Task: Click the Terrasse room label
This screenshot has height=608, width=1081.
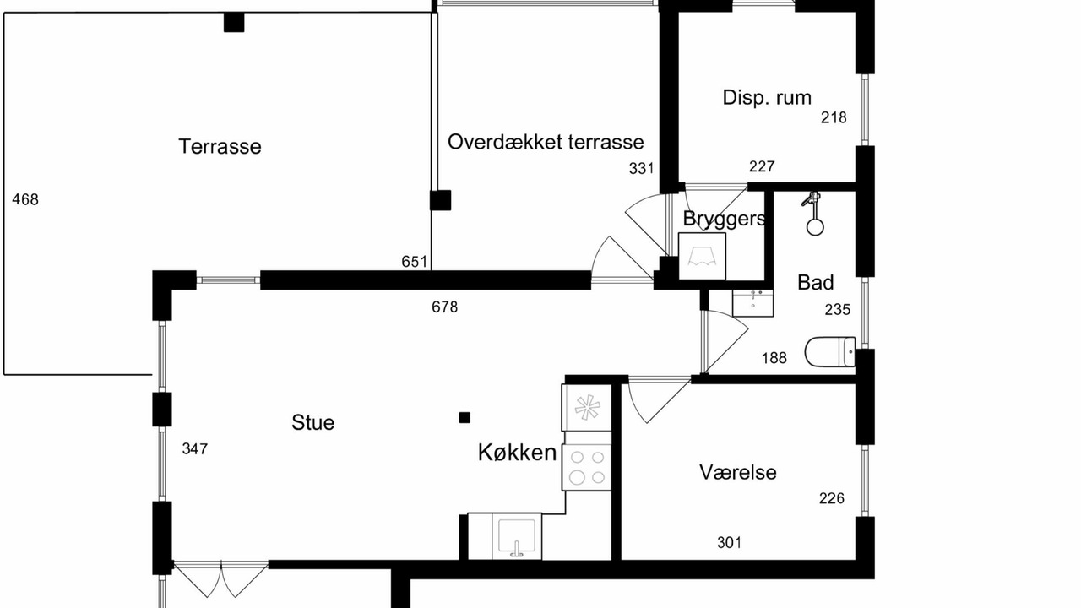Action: coord(220,146)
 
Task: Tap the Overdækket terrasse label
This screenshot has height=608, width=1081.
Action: coord(546,142)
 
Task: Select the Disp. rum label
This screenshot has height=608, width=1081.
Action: coord(766,98)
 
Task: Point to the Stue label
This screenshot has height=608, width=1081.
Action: coord(312,423)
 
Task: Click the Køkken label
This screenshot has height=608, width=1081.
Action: coord(518,453)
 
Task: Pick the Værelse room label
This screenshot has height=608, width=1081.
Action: coord(738,472)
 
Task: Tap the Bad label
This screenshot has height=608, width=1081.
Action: coord(815,282)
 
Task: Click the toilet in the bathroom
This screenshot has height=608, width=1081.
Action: coord(830,352)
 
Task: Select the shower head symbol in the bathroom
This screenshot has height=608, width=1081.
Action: coord(814,214)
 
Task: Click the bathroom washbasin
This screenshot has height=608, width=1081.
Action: coord(752,302)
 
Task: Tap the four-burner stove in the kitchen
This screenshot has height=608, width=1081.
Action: coord(587,468)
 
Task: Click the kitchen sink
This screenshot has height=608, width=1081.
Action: coord(517,536)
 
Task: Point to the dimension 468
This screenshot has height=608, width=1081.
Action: coord(25,199)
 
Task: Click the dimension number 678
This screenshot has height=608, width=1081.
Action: coord(444,307)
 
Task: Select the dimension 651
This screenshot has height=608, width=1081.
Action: coord(415,262)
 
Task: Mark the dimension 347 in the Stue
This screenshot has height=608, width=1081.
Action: coord(195,449)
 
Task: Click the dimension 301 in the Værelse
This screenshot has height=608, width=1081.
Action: coord(729,543)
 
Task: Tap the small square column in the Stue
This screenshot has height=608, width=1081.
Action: coord(464,418)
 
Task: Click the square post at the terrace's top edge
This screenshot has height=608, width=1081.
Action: coord(234,22)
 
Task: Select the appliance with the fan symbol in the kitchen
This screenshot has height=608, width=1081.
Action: coord(587,408)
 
